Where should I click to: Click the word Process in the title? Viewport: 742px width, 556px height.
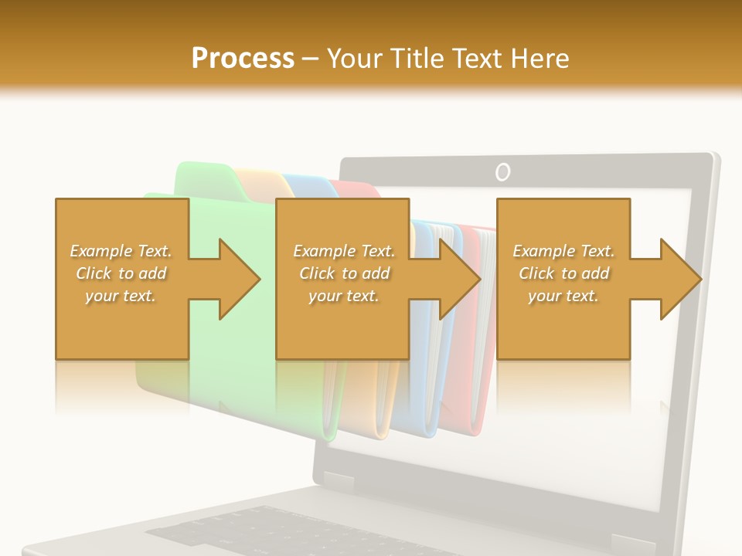click(x=243, y=59)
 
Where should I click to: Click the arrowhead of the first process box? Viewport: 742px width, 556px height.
click(x=240, y=279)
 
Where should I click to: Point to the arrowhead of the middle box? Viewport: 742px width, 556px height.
click(x=461, y=279)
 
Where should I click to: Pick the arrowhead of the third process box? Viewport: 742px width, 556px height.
click(x=681, y=279)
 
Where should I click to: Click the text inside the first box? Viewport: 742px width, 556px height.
click(x=121, y=273)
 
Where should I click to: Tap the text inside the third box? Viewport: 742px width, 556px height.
click(x=563, y=273)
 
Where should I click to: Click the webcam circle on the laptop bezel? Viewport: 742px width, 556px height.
click(x=503, y=171)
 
